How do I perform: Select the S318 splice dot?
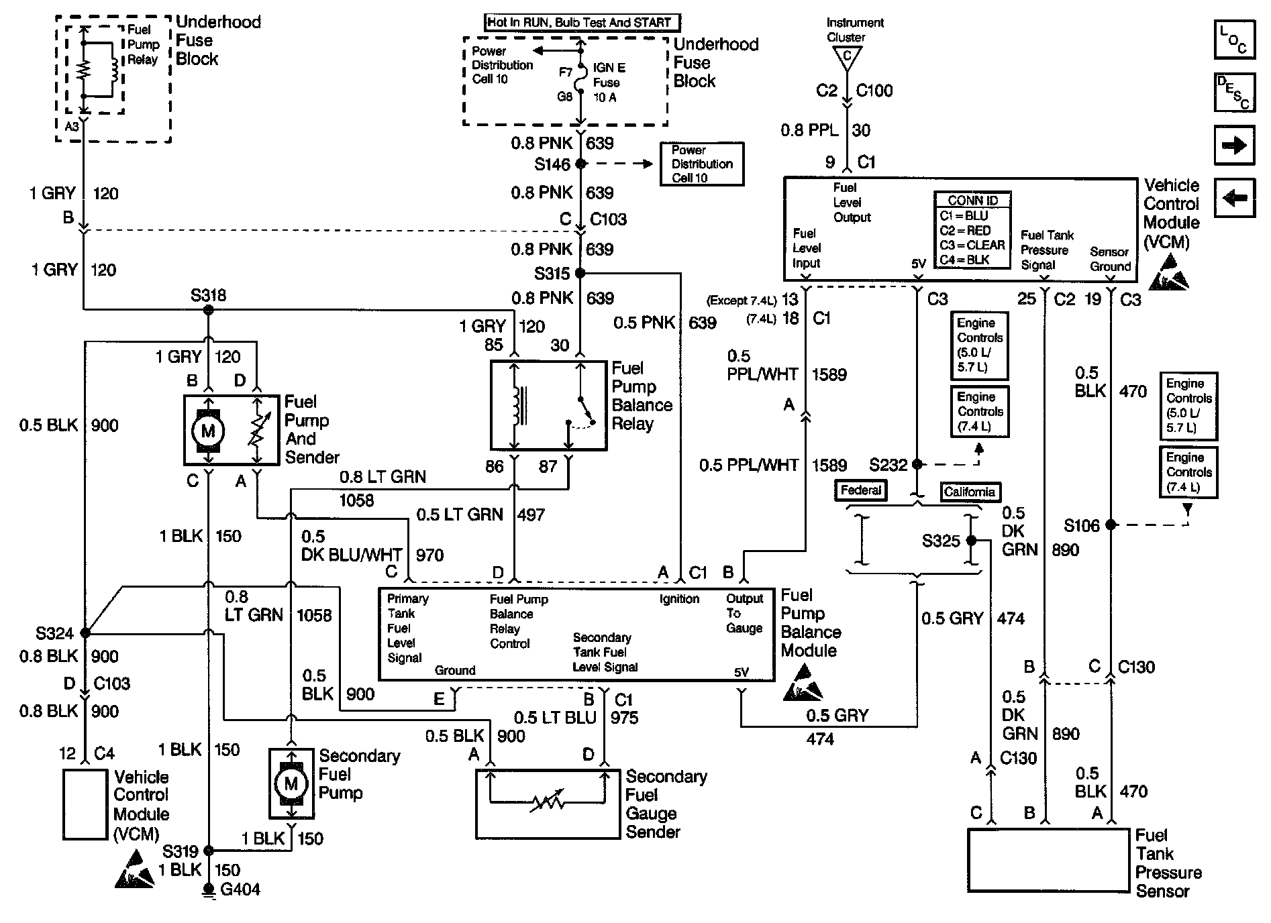click(209, 310)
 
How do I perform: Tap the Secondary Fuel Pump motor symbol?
click(291, 783)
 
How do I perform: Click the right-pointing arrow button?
click(1234, 146)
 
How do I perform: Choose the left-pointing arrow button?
click(1234, 198)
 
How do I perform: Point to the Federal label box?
click(861, 490)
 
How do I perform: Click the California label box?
click(968, 492)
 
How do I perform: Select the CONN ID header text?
click(972, 201)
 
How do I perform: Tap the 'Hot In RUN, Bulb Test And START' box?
click(582, 22)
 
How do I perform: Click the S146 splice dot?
click(581, 164)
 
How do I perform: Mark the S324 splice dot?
click(85, 633)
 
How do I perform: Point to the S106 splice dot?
click(1111, 525)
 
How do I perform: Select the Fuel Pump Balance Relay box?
click(548, 405)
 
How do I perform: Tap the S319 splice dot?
click(209, 851)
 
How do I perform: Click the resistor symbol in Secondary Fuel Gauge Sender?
click(547, 802)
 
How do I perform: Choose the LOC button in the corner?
click(1234, 40)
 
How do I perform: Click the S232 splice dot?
click(917, 464)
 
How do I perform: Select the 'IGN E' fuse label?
click(609, 68)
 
